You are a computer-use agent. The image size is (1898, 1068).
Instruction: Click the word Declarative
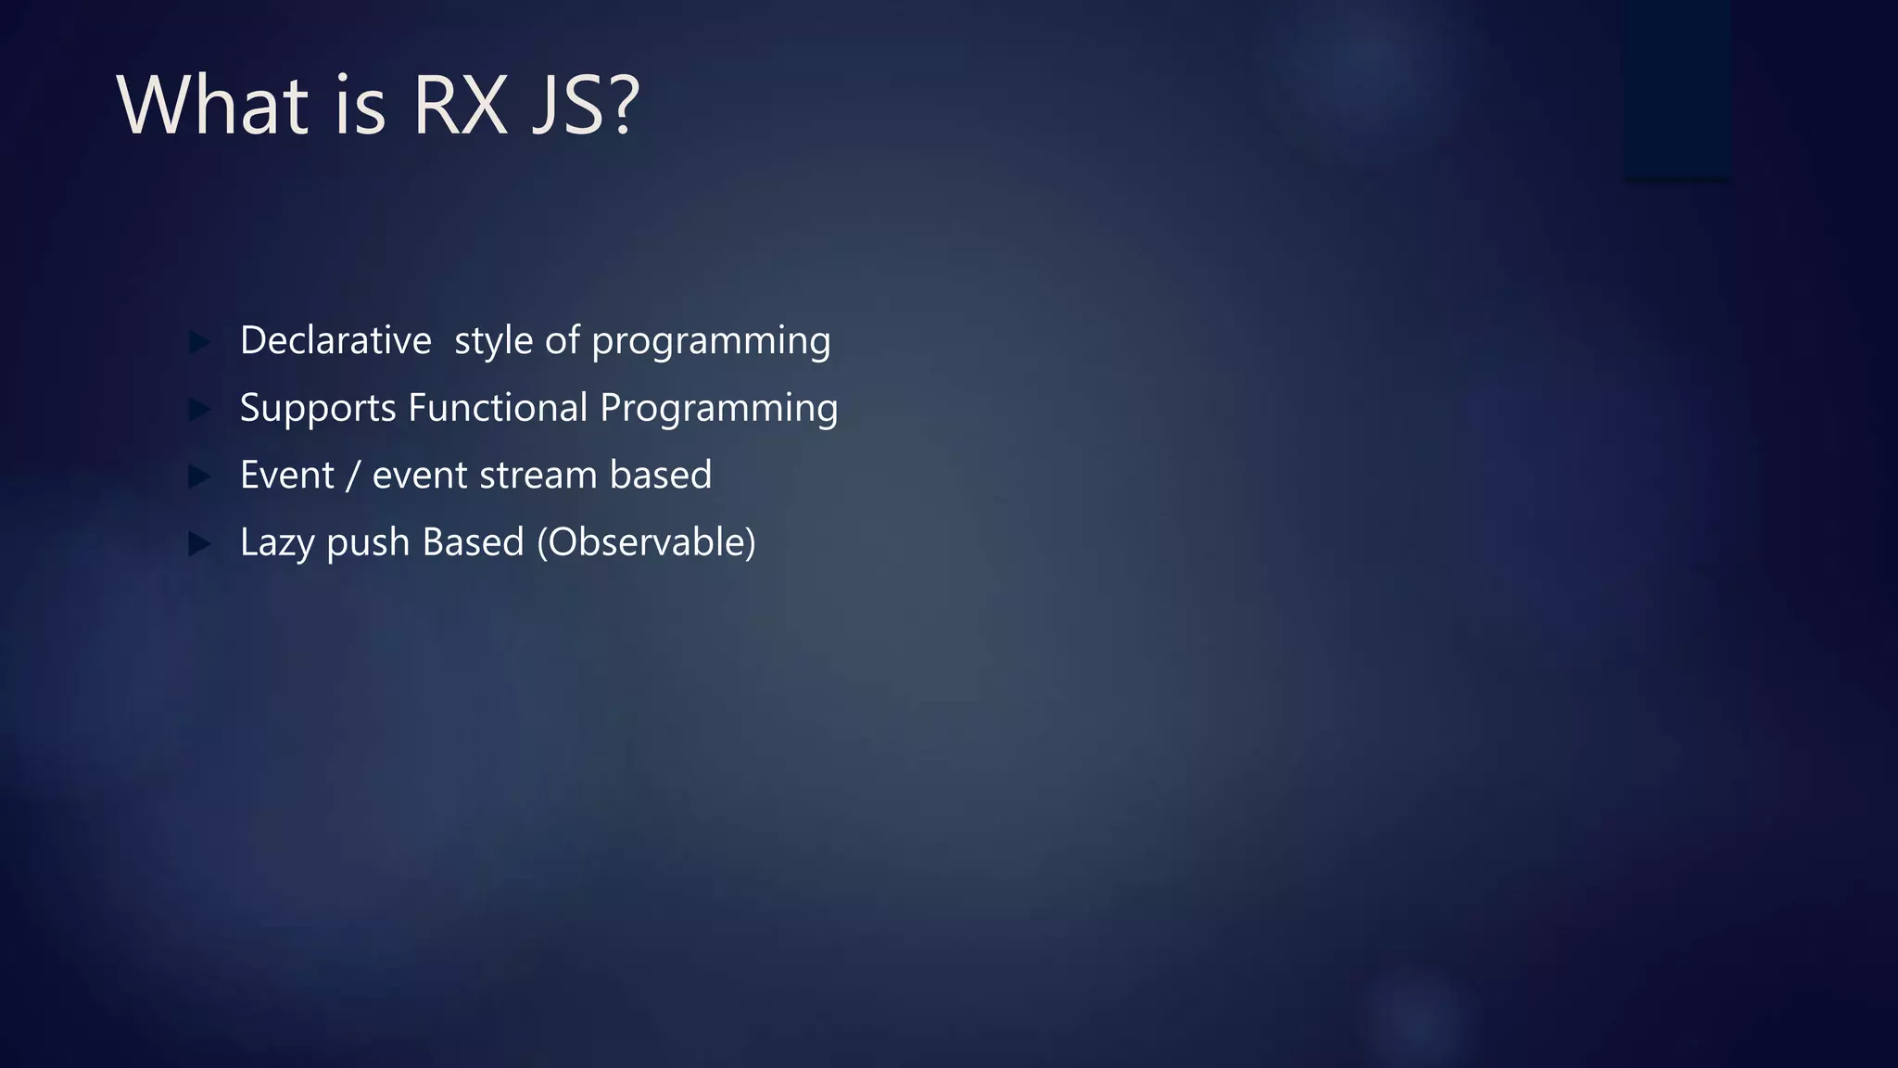335,340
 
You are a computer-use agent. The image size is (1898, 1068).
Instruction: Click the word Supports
318,409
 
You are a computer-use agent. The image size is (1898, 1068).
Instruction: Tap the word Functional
499,408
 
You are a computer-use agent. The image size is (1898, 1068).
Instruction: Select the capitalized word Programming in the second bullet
718,409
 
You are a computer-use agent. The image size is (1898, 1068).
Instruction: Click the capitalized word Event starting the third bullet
286,475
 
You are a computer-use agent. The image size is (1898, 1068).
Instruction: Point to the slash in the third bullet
353,476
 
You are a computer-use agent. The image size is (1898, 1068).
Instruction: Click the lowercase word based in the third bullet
660,475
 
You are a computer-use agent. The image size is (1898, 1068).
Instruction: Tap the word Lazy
277,543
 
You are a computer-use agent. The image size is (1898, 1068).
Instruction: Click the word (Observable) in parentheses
646,542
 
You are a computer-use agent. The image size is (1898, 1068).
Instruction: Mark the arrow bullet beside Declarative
199,342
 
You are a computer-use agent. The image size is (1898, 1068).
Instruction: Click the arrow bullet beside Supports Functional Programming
199,409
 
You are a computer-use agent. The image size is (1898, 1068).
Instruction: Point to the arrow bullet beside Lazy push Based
199,543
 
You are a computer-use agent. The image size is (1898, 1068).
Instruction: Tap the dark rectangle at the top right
1677,88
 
